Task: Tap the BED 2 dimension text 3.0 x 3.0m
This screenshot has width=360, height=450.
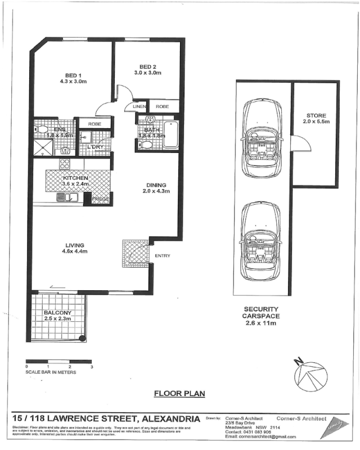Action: click(147, 73)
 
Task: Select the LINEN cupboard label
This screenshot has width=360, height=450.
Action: click(139, 106)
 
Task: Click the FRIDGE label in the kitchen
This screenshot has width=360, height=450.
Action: click(101, 199)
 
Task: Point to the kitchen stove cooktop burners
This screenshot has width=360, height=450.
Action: click(65, 165)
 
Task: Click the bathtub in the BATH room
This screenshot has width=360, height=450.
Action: click(170, 134)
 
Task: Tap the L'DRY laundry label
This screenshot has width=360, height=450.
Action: click(94, 147)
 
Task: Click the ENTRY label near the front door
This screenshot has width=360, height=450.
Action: click(163, 256)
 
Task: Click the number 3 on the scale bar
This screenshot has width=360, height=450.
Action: click(91, 367)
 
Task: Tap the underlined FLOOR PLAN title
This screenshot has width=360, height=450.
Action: click(179, 394)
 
